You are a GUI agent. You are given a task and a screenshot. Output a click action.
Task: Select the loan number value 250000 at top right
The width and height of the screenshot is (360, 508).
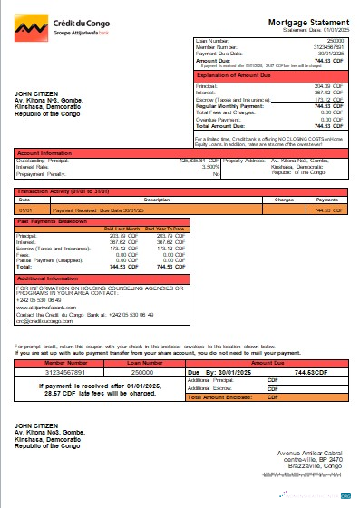[335, 42]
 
